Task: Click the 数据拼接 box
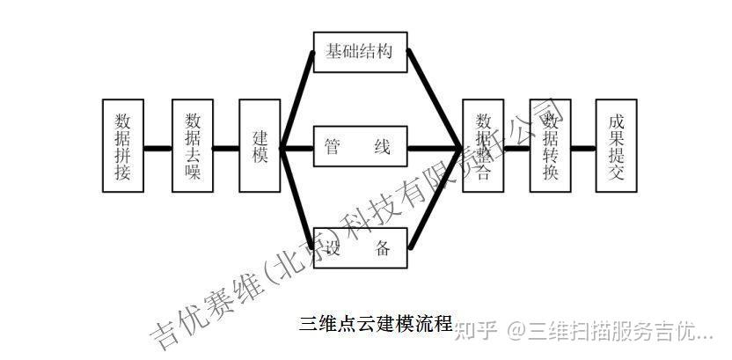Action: point(123,146)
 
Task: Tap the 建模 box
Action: point(260,146)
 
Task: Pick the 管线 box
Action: point(359,147)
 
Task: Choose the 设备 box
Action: point(359,247)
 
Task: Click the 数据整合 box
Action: point(483,146)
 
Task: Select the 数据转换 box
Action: point(550,146)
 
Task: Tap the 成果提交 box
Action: point(616,146)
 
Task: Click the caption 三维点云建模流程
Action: point(375,322)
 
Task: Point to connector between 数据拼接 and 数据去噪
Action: point(158,147)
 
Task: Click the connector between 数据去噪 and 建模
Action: point(227,147)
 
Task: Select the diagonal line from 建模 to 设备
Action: point(296,195)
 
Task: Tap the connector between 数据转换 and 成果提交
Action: point(583,147)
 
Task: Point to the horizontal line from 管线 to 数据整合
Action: point(435,147)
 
